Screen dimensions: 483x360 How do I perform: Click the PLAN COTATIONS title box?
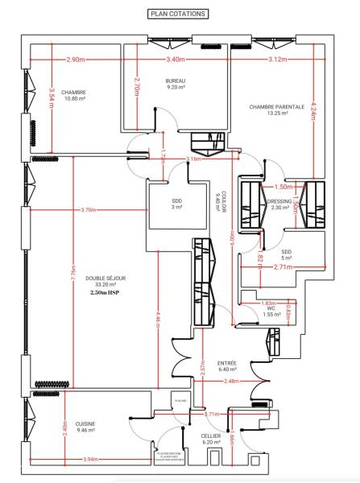point(179,14)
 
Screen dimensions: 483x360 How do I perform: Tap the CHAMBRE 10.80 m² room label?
point(72,96)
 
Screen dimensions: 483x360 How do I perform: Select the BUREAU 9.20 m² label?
point(176,85)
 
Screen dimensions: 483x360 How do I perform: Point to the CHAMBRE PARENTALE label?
point(276,109)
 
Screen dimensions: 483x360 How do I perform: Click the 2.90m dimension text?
point(76,60)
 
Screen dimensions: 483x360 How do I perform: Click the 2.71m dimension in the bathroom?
point(282,266)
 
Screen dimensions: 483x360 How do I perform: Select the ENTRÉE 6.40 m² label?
point(227,366)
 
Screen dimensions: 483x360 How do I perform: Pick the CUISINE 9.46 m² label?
point(84,427)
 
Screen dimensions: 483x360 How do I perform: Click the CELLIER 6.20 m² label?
point(212,439)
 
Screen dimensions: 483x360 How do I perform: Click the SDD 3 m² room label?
point(176,204)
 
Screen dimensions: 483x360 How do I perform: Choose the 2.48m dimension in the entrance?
point(231,381)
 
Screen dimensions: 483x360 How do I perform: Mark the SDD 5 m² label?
point(287,254)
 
